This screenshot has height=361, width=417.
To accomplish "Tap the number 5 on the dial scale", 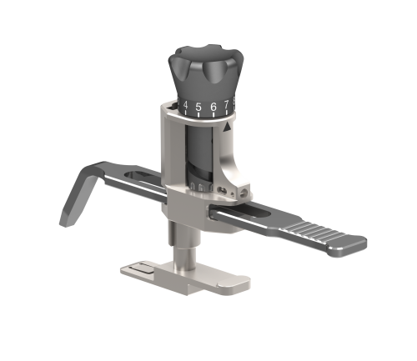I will pos(198,107).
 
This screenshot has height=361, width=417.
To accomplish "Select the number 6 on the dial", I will pos(213,107).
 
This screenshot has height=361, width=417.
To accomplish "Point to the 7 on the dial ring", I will pos(226,105).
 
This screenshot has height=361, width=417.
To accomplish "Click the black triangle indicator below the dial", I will pos(227,127).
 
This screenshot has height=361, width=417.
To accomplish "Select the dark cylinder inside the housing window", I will pos(202,154).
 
